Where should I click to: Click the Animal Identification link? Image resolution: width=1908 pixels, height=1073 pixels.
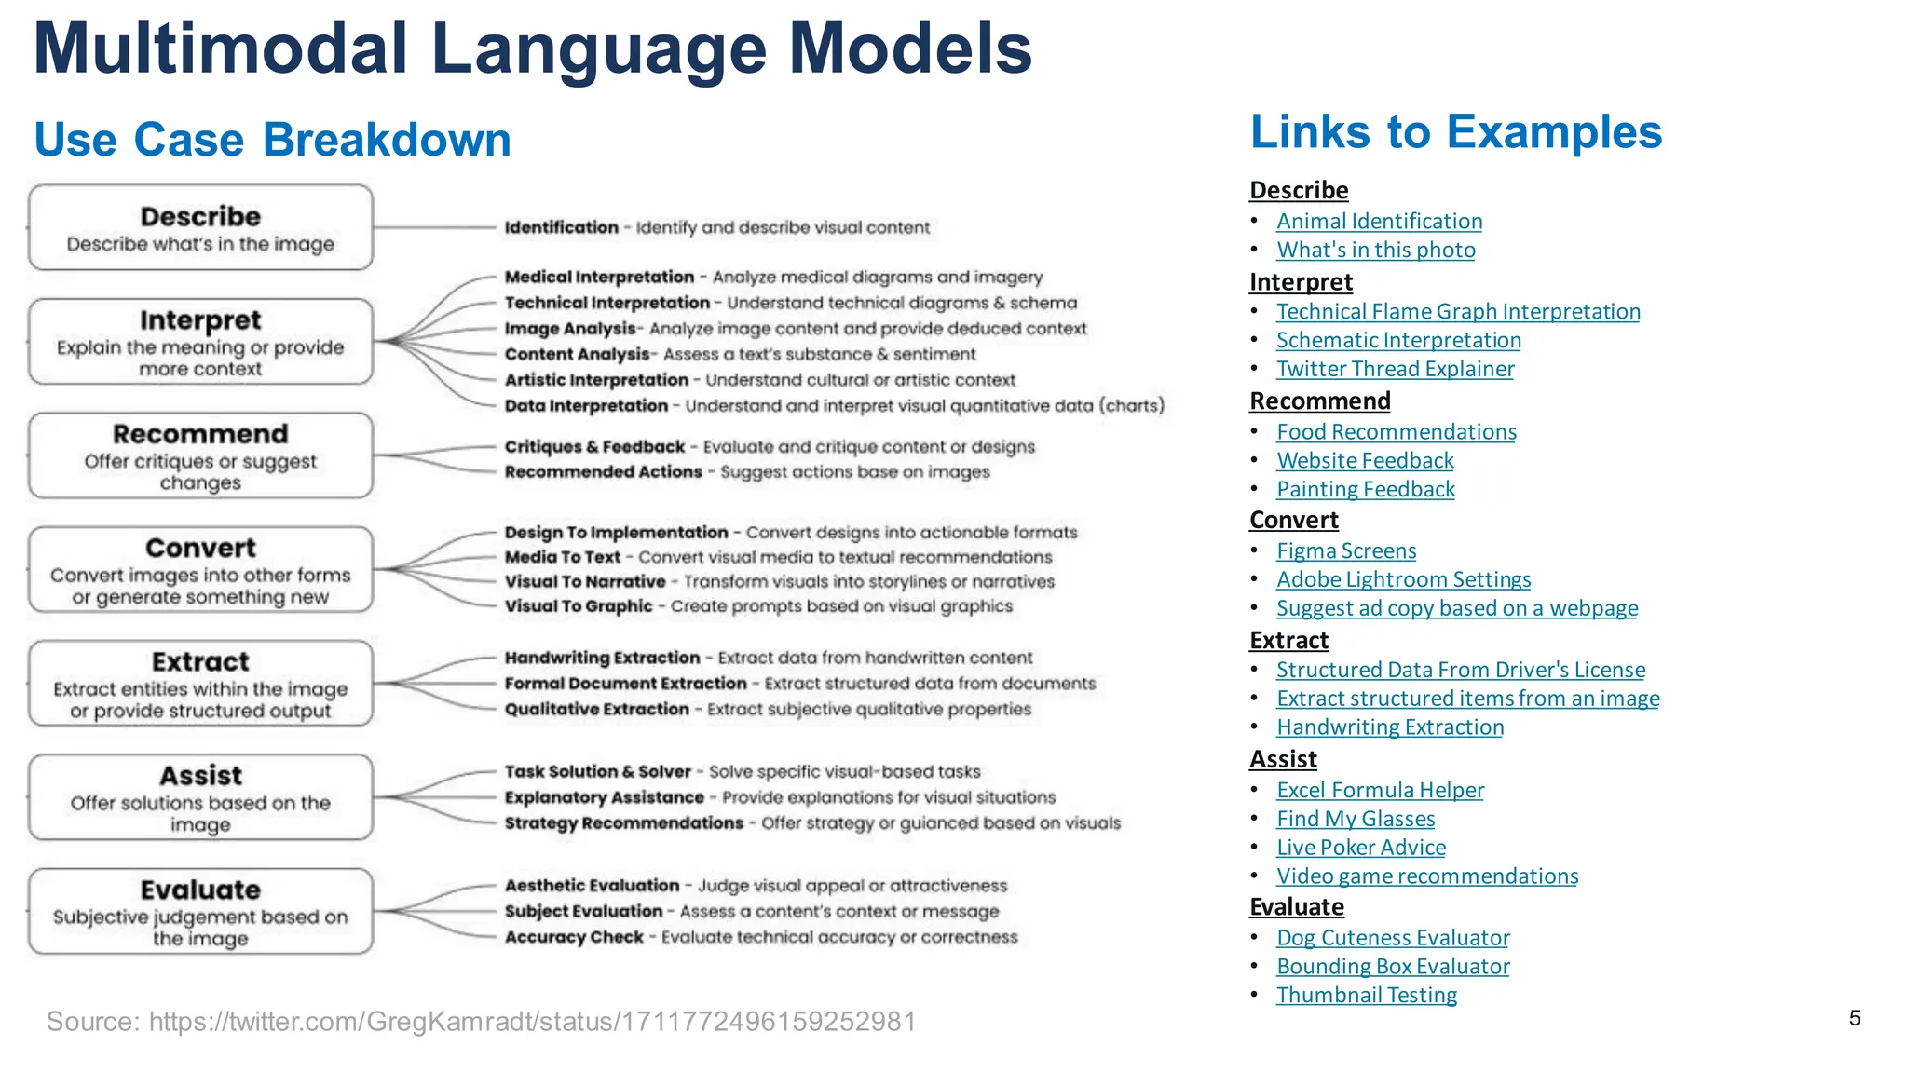[1379, 222]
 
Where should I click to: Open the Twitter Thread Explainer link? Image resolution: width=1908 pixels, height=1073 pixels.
[1395, 369]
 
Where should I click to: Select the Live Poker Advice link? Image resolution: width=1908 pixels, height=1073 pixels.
[1361, 848]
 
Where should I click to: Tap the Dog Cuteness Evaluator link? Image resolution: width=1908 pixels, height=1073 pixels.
[1393, 938]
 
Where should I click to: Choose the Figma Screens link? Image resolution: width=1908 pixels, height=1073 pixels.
[1346, 551]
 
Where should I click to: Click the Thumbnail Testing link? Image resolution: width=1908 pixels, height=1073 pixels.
[1367, 996]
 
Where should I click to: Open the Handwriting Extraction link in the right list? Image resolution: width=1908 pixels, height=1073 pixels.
[1390, 727]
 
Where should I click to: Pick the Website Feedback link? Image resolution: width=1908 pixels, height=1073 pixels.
[1365, 461]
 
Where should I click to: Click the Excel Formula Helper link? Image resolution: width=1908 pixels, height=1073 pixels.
[1380, 791]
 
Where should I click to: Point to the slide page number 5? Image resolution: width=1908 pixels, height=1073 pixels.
[1855, 1018]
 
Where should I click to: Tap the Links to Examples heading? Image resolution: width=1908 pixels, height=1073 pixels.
[1455, 132]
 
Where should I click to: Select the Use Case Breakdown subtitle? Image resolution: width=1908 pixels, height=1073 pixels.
[272, 140]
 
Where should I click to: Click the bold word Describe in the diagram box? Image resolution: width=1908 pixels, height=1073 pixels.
[200, 216]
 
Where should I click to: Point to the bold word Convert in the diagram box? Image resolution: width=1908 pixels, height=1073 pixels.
[200, 548]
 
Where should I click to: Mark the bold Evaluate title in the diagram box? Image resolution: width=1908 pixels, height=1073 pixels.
[200, 890]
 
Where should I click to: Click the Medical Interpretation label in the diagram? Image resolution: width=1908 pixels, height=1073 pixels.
[599, 278]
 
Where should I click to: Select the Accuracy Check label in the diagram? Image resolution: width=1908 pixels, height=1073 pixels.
[574, 937]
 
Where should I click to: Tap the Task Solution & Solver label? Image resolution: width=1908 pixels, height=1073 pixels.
[598, 772]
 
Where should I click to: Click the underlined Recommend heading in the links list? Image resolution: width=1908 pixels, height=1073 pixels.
[1319, 401]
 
